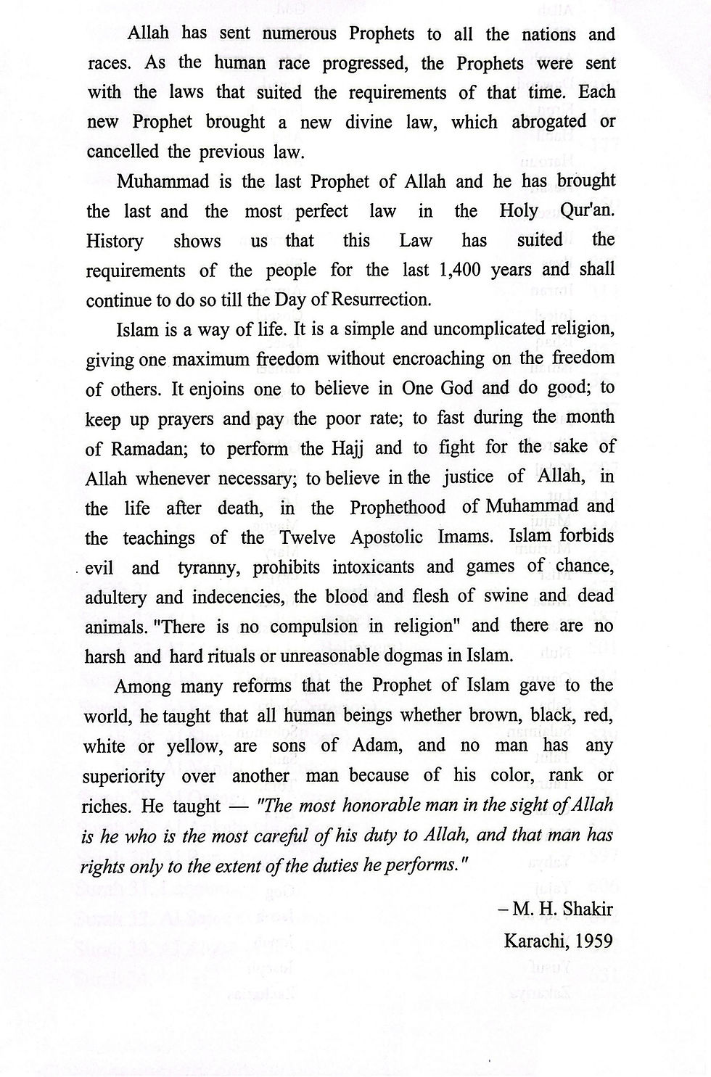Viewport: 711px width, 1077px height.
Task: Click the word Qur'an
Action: [x=587, y=211]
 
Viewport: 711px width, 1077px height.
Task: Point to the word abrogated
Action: [x=548, y=122]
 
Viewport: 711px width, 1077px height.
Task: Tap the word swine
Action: [x=502, y=596]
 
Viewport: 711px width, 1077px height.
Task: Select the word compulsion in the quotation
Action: [x=318, y=627]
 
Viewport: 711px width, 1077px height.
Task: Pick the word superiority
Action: [x=123, y=775]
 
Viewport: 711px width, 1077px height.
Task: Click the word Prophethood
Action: [x=398, y=507]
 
